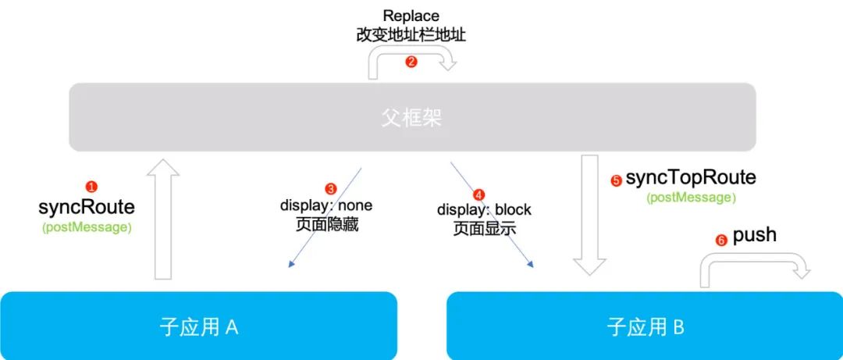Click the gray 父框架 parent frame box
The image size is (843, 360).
coord(412,117)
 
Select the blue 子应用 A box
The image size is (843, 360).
coord(198,326)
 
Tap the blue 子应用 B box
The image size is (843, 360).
coord(645,326)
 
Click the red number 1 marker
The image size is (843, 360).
coord(91,187)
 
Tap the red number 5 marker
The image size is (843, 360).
coord(616,180)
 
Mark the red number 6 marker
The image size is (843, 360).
coord(721,241)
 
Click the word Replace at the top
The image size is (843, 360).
coord(411,16)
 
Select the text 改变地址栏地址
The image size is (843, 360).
coord(411,35)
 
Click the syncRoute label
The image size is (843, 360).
coord(87,208)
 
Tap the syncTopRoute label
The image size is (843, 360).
coord(691,178)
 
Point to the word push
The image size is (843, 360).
coord(755,234)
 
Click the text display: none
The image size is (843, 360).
coord(326,206)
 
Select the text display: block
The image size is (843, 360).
coord(484,210)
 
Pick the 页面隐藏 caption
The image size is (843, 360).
coord(327,226)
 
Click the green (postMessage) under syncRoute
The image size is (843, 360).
coord(87,227)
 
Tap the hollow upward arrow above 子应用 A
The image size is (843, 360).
coord(162,219)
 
